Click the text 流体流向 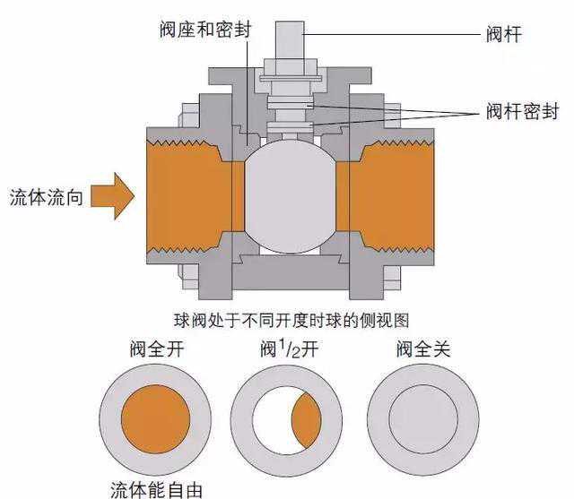(47, 196)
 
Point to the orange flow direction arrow (113, 196)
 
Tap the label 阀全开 (154, 348)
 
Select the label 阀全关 (422, 348)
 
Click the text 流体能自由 (156, 488)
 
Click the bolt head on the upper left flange (191, 117)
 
